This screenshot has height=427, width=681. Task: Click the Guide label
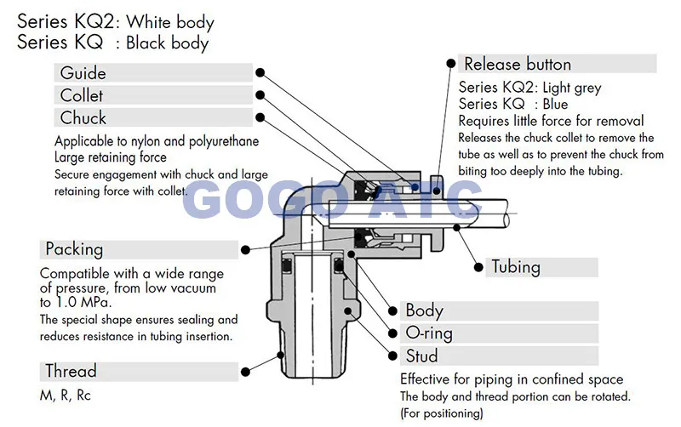83,73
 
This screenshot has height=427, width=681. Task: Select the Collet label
82,95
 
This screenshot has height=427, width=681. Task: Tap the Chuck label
83,117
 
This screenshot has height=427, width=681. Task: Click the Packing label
74,249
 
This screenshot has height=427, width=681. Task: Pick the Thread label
71,371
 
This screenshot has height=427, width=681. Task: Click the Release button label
517,64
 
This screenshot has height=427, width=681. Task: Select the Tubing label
516,266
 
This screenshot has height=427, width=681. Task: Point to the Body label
424,310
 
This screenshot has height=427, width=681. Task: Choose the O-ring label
429,333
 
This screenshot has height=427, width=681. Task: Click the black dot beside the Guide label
261,73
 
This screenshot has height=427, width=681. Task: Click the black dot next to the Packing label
247,249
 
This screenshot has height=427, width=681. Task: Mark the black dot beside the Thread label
247,371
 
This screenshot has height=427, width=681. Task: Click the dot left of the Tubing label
476,266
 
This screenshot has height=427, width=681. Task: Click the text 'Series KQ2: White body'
116,22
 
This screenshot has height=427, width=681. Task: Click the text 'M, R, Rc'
72,395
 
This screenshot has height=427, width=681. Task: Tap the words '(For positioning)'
442,413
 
